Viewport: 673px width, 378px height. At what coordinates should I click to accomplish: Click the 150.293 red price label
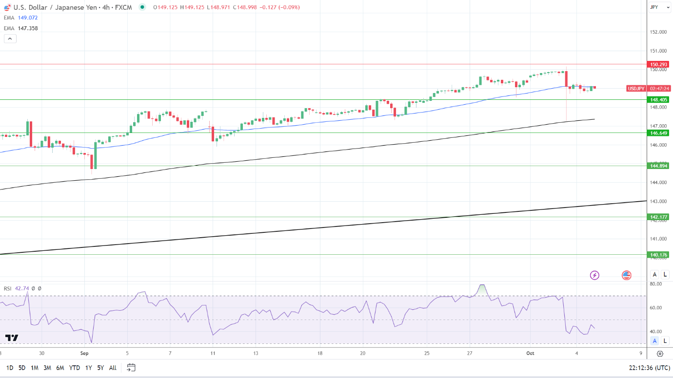[x=658, y=64]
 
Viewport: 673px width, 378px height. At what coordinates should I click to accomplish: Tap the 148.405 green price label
[x=658, y=99]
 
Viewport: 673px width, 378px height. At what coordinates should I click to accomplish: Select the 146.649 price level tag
[x=658, y=132]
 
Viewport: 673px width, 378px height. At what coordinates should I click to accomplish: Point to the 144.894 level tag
[x=658, y=166]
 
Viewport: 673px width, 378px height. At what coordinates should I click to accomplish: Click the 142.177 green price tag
[x=658, y=217]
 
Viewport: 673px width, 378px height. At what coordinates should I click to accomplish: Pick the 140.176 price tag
[x=658, y=254]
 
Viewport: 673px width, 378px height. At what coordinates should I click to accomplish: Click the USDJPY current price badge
[x=636, y=88]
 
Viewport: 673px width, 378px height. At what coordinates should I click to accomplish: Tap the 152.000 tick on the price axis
[x=658, y=32]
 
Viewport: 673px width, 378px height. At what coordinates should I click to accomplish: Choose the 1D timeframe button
[x=10, y=368]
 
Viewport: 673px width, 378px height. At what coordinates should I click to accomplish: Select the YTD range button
[x=75, y=368]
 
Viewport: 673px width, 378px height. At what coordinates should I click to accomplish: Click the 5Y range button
[x=100, y=368]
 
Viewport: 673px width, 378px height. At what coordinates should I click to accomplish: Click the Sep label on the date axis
[x=84, y=354]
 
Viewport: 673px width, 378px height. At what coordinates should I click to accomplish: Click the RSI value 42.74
[x=22, y=288]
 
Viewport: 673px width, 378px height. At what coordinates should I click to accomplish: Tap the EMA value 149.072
[x=28, y=18]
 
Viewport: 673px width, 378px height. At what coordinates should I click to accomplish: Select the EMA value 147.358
[x=28, y=28]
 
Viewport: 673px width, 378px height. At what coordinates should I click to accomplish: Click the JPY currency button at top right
[x=654, y=7]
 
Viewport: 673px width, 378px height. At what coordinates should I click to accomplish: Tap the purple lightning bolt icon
[x=594, y=275]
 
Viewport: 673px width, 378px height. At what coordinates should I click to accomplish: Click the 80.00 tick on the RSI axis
[x=655, y=284]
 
